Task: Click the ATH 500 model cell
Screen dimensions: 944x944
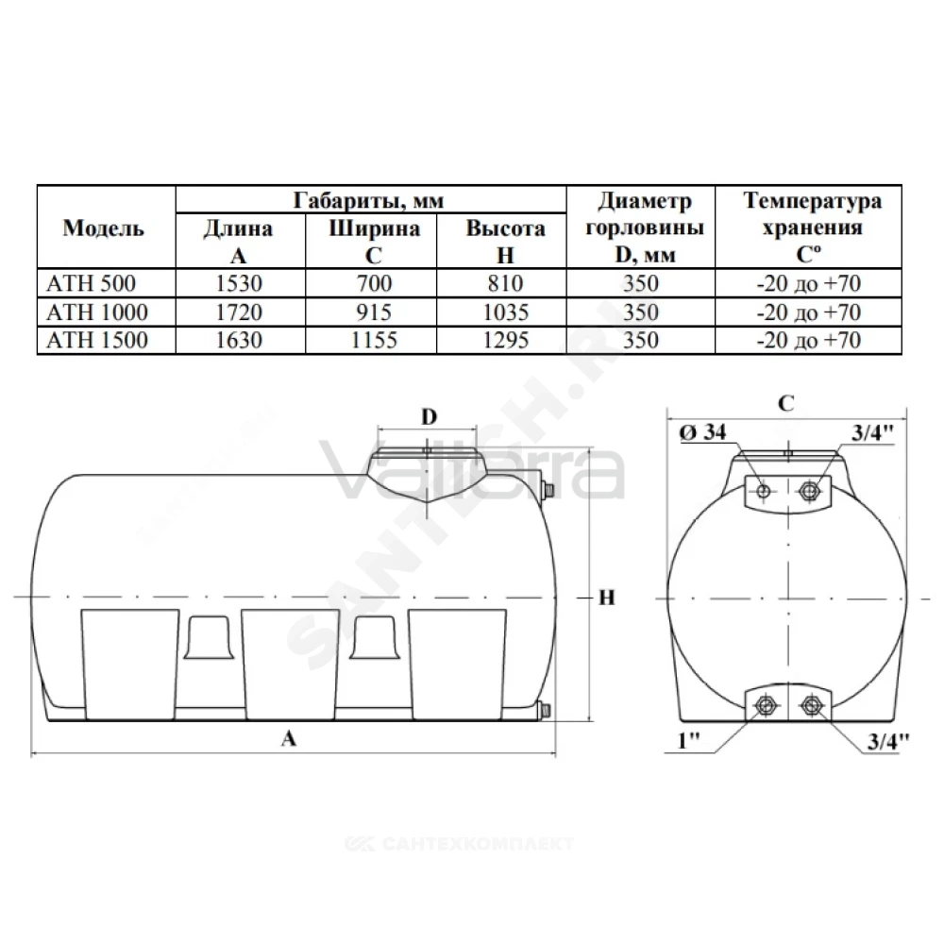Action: (91, 283)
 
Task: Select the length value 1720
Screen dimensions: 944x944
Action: (239, 312)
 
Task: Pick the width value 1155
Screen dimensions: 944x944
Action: (374, 340)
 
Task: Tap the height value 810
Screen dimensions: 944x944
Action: (505, 283)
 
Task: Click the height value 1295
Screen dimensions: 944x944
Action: (506, 340)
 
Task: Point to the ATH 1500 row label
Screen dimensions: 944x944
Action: (97, 340)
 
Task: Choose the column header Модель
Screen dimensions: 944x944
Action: (104, 228)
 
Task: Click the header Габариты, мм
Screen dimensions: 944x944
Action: (368, 200)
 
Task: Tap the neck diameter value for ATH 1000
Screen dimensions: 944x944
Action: (641, 312)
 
